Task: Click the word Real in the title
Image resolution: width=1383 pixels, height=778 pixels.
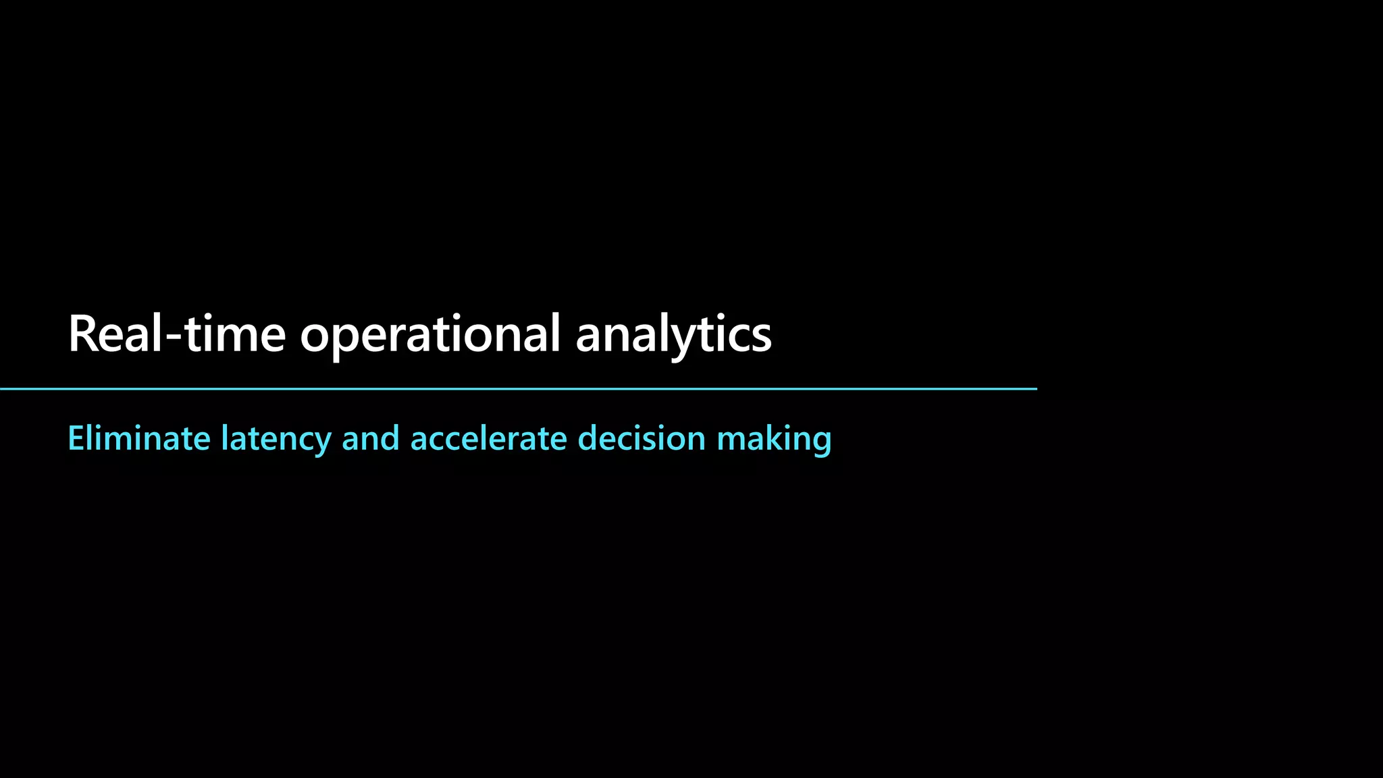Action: tap(115, 334)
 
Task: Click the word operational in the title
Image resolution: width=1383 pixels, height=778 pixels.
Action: tap(430, 335)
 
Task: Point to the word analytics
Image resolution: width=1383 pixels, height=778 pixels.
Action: tap(673, 335)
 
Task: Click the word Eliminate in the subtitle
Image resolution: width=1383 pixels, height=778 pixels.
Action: tap(139, 438)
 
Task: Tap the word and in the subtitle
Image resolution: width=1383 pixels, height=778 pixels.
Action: tap(371, 438)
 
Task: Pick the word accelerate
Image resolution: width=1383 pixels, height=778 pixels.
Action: tap(489, 438)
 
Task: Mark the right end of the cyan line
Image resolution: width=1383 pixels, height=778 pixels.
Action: tap(1035, 389)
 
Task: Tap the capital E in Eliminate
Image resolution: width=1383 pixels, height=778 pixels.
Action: tap(74, 438)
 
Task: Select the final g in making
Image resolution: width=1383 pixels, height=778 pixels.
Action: tap(821, 442)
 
